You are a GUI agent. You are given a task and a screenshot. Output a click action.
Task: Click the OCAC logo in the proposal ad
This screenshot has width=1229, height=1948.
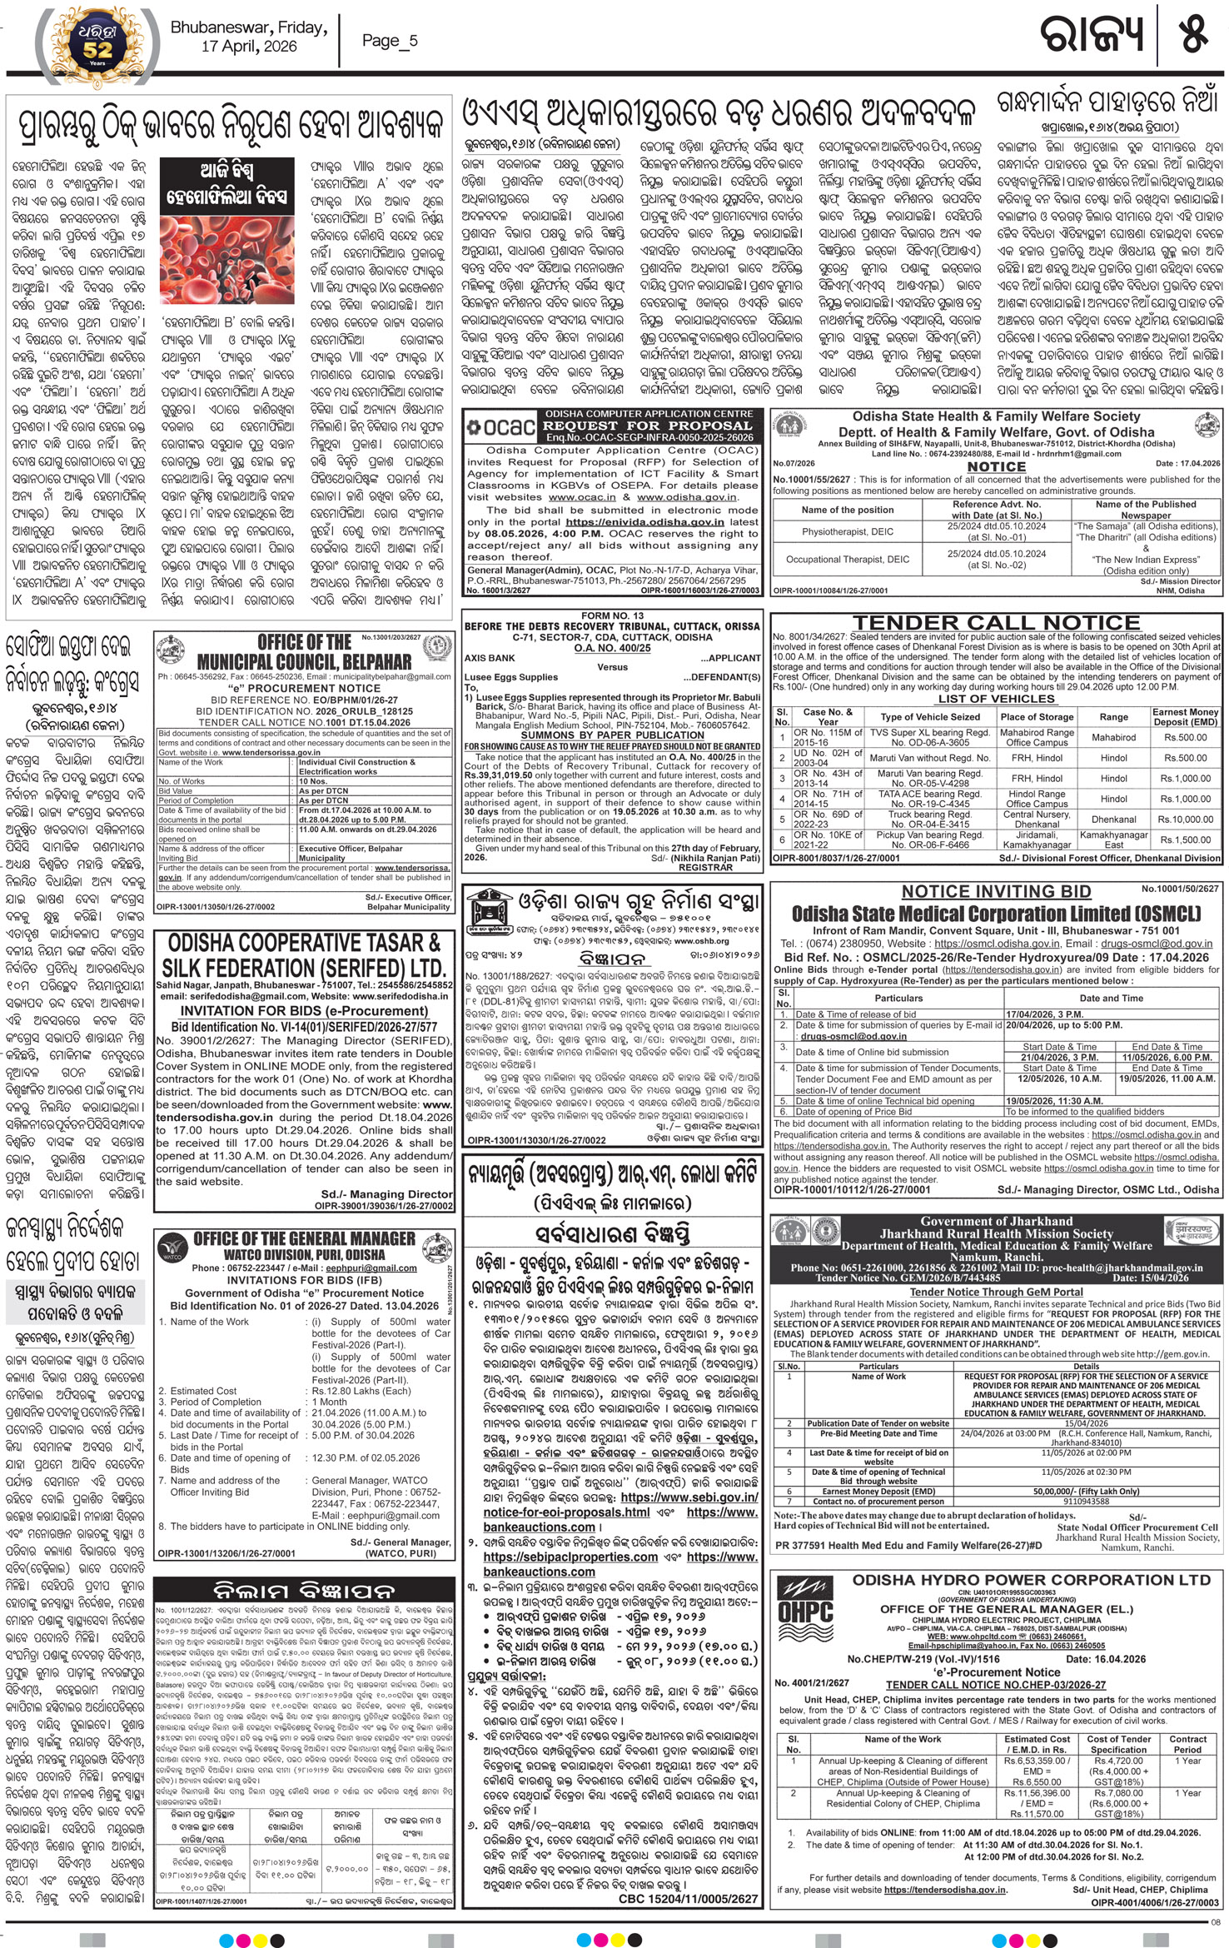point(500,426)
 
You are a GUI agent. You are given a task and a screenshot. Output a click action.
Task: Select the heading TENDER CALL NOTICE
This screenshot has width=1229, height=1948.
point(996,622)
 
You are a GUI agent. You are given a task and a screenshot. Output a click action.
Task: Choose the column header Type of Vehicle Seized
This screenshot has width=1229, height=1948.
point(930,717)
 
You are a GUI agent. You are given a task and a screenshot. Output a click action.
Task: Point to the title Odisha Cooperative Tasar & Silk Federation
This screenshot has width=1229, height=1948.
point(303,955)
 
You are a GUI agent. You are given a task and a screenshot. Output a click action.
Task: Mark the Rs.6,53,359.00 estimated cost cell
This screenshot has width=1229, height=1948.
point(1037,1761)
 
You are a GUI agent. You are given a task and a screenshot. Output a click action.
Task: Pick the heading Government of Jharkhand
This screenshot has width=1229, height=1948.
point(996,1222)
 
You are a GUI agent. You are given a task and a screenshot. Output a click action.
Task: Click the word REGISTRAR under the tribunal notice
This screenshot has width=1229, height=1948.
point(705,868)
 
